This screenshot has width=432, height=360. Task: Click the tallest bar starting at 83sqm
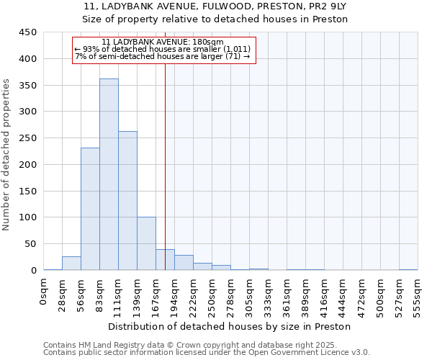pyautogui.click(x=109, y=174)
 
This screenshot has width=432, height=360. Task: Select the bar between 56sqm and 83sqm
pyautogui.click(x=90, y=209)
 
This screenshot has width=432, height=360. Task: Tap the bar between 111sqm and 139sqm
pyautogui.click(x=127, y=201)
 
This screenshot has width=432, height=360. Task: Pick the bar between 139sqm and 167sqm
pyautogui.click(x=146, y=243)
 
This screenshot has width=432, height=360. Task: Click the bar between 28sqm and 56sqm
pyautogui.click(x=71, y=264)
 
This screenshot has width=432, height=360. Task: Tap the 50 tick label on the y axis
pyautogui.click(x=30, y=243)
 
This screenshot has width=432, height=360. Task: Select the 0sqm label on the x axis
pyautogui.click(x=44, y=292)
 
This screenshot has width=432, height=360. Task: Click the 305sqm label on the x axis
pyautogui.click(x=250, y=296)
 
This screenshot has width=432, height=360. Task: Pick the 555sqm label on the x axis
pyautogui.click(x=418, y=296)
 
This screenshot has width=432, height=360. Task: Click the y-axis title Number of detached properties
pyautogui.click(x=7, y=155)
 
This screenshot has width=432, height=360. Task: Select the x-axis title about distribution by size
pyautogui.click(x=230, y=326)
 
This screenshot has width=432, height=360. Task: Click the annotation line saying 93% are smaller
pyautogui.click(x=163, y=49)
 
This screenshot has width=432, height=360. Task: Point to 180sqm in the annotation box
pyautogui.click(x=210, y=42)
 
